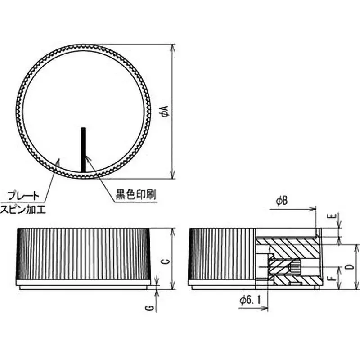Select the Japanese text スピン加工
[23, 209]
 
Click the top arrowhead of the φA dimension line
[173, 47]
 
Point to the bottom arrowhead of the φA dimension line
[173, 176]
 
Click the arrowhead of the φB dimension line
[314, 208]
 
